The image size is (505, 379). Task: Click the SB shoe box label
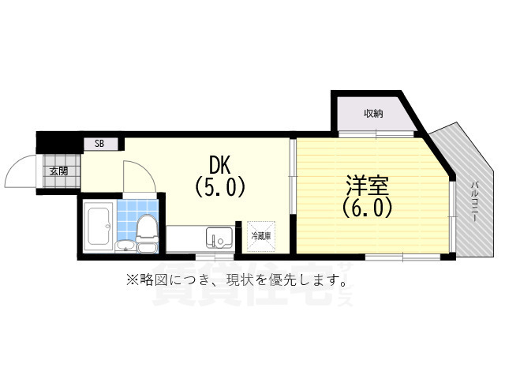(99, 144)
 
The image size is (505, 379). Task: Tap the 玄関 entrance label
(58, 171)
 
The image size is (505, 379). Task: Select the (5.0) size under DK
(220, 187)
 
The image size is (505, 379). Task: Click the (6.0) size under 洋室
(368, 208)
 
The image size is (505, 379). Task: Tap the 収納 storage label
(374, 113)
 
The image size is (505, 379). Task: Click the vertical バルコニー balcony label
(475, 205)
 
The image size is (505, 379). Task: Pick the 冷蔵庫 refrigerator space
(261, 235)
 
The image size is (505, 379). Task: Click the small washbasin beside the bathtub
(126, 246)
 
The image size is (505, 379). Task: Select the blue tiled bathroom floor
(126, 221)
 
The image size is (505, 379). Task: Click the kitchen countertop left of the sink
(185, 238)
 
